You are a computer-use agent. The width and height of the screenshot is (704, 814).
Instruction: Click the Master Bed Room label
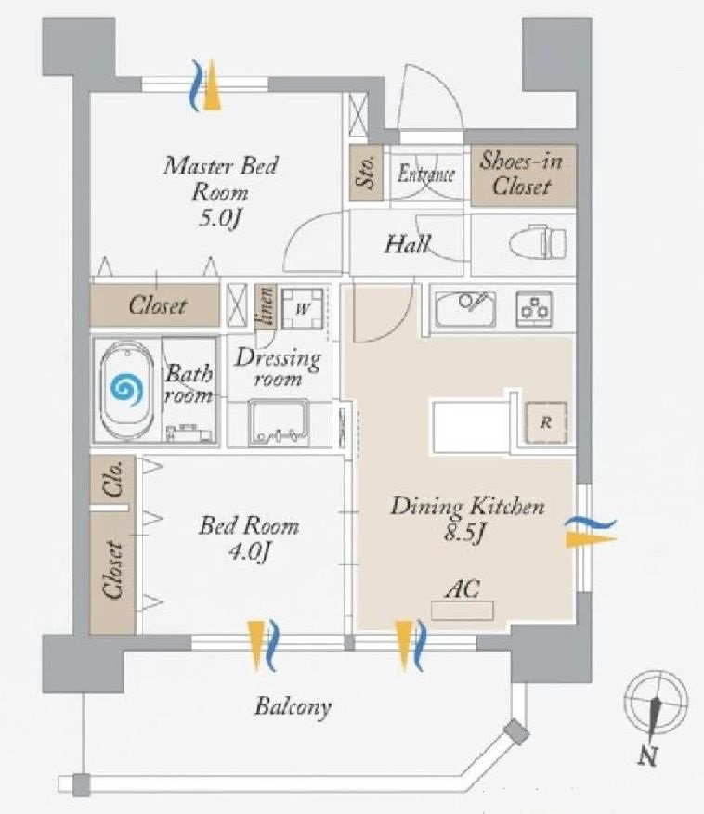[x=220, y=180]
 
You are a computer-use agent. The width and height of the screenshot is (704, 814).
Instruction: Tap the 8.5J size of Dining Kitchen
[x=466, y=535]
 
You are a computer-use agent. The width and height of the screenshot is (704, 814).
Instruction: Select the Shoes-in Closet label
[x=521, y=174]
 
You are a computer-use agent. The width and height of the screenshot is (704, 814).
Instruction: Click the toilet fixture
[x=538, y=243]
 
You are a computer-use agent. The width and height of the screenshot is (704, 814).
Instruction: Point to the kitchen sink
[x=465, y=307]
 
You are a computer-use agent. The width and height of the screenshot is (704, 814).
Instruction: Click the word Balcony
[x=293, y=707]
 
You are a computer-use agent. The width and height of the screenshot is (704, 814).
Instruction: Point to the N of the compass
[x=647, y=756]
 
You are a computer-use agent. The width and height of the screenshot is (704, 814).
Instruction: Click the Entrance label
[x=426, y=174]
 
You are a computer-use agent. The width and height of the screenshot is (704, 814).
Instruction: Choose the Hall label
[x=408, y=245]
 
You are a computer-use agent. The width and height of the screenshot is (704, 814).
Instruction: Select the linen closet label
[x=266, y=306]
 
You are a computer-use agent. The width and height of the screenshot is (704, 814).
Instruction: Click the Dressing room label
[x=277, y=368]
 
